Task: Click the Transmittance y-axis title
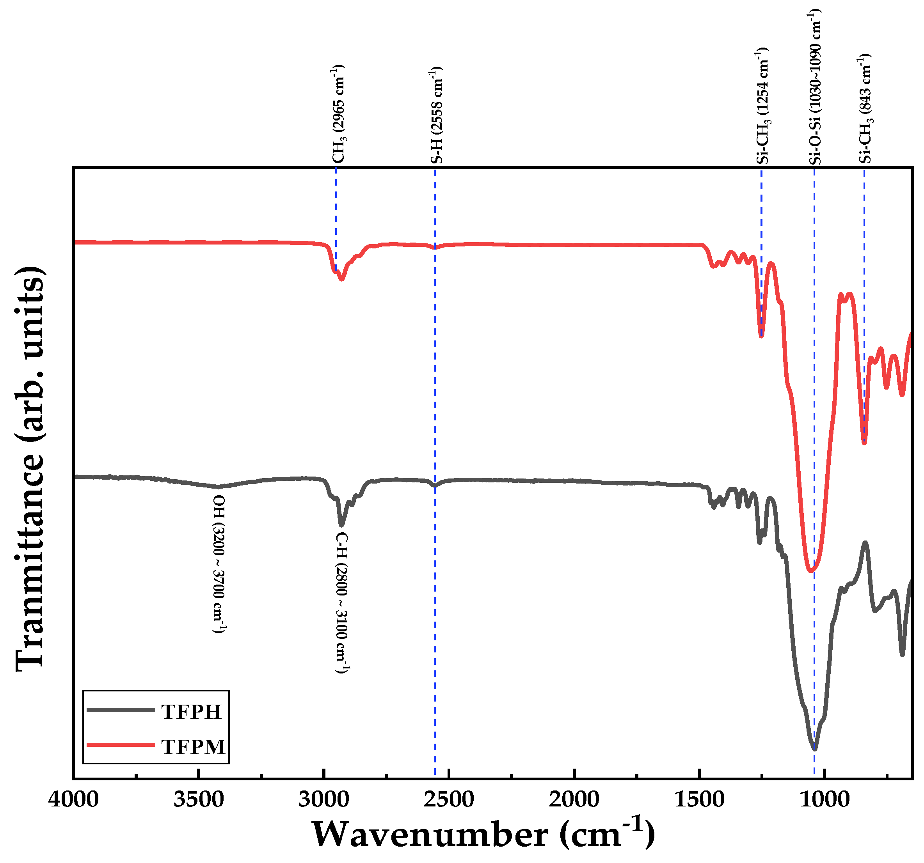pyautogui.click(x=30, y=469)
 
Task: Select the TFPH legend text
pyautogui.click(x=191, y=712)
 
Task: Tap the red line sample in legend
pyautogui.click(x=121, y=745)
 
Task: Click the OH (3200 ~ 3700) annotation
pyautogui.click(x=219, y=564)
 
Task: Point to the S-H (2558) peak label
pyautogui.click(x=436, y=115)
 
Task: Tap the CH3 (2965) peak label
pyautogui.click(x=338, y=114)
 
